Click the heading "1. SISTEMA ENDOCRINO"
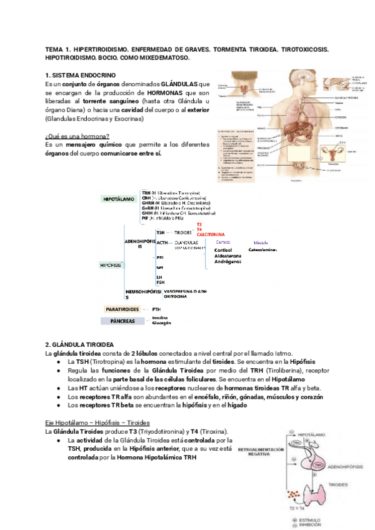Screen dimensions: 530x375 click(x=81, y=75)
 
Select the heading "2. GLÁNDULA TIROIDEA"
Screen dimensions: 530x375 click(x=79, y=344)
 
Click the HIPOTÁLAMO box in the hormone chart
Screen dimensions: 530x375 click(x=121, y=199)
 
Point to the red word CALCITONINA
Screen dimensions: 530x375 click(x=211, y=235)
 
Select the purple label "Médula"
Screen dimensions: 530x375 click(x=261, y=242)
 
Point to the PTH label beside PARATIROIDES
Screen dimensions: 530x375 click(x=156, y=309)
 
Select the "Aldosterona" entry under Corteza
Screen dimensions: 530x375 click(x=227, y=256)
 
